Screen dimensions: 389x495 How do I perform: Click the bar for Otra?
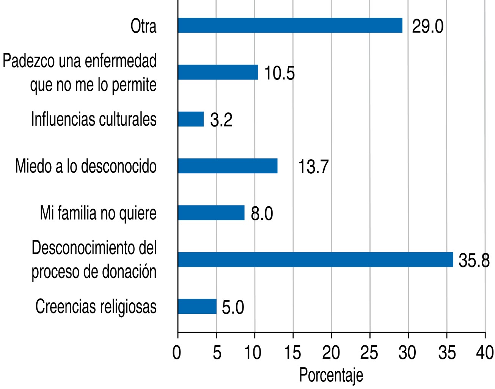[x=290, y=25]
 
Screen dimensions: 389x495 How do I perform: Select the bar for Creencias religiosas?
[x=197, y=307]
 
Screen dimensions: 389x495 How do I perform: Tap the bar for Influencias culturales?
[x=191, y=119]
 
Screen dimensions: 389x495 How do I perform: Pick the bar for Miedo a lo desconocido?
[x=228, y=166]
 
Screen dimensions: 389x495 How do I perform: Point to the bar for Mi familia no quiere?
[x=211, y=213]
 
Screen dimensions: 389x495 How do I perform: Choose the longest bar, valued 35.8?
[x=316, y=259]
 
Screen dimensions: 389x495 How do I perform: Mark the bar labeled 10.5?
[x=218, y=72]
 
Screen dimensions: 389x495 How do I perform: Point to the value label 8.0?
[x=262, y=214]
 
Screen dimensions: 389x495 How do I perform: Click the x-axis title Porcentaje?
[x=331, y=375]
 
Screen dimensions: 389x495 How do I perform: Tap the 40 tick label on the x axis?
[x=485, y=353]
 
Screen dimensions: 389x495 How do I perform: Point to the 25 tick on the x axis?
[x=370, y=353]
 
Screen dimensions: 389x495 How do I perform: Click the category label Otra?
[x=143, y=27]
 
